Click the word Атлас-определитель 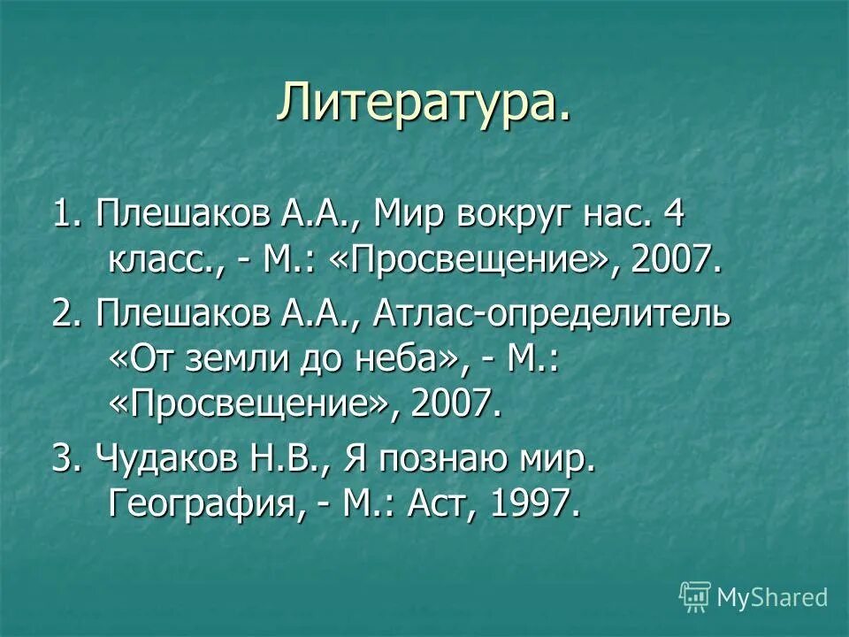pyautogui.click(x=553, y=316)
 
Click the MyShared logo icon pyautogui.click(x=695, y=597)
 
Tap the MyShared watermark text pyautogui.click(x=772, y=597)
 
